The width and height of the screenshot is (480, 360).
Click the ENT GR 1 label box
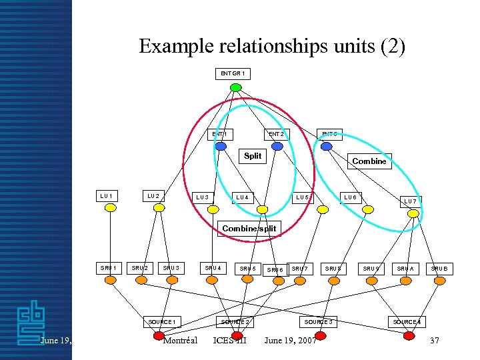(x=233, y=73)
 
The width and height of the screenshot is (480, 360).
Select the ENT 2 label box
(x=276, y=134)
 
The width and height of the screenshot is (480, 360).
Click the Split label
(x=253, y=156)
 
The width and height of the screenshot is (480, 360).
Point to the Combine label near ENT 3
(x=369, y=161)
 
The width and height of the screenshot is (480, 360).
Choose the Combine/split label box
(x=249, y=229)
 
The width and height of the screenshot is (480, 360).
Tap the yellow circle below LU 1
(x=111, y=208)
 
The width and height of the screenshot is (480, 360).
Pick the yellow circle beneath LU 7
(x=413, y=213)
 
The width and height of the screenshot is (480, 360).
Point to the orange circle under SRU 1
(x=111, y=281)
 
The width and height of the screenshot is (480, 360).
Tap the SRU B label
(x=439, y=268)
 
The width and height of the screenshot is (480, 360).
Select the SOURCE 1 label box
(x=162, y=322)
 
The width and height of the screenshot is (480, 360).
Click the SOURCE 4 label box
(x=406, y=322)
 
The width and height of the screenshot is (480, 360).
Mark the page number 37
(x=435, y=341)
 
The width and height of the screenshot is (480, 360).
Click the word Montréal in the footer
(x=180, y=341)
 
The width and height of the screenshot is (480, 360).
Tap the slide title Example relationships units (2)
(x=271, y=47)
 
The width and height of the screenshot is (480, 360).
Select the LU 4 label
(x=243, y=197)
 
